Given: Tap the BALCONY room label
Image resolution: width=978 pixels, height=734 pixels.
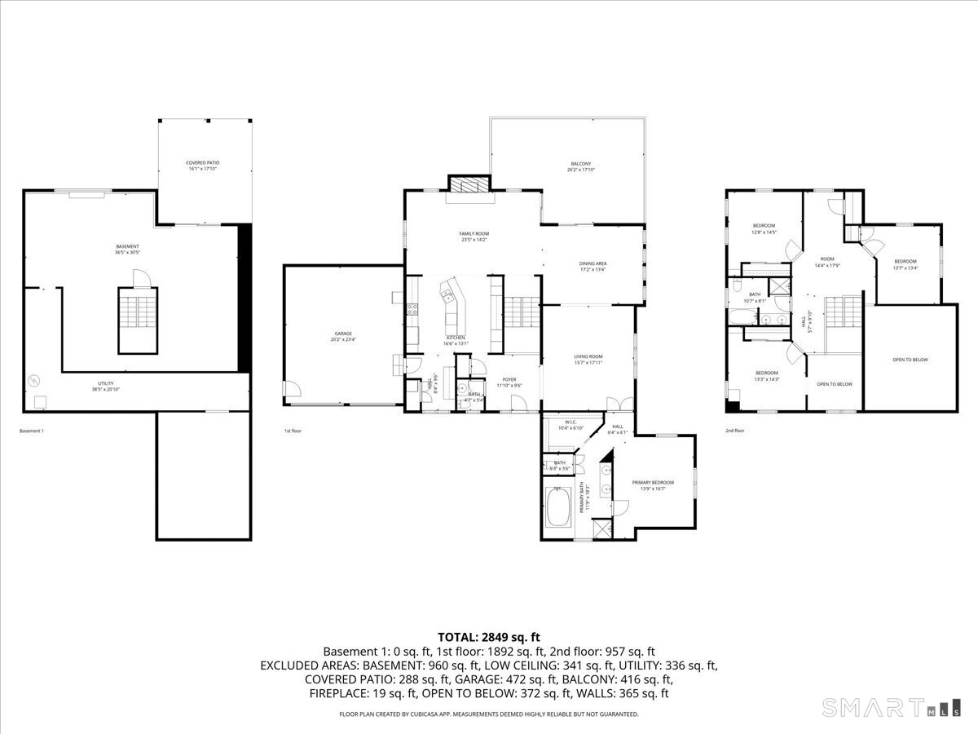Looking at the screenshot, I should (x=580, y=166).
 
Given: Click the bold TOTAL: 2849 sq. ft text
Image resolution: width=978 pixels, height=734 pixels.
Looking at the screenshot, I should (x=489, y=637).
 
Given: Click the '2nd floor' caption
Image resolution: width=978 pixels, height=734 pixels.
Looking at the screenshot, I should (x=734, y=430).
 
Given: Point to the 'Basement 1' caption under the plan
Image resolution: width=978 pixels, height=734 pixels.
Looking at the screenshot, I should (x=31, y=430).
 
